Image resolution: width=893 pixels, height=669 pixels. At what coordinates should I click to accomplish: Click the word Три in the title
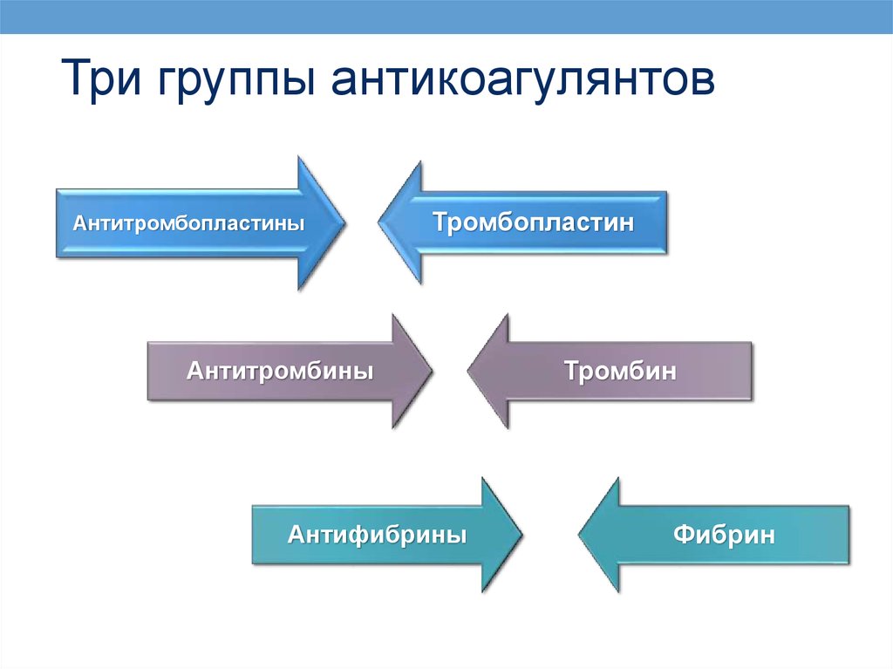(101, 78)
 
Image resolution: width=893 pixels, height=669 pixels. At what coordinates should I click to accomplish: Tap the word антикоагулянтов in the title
(523, 79)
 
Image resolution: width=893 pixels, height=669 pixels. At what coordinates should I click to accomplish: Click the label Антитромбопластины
(188, 222)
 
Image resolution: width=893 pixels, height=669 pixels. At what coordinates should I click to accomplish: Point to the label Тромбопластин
(533, 222)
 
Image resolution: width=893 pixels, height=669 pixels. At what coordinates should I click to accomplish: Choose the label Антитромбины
(280, 371)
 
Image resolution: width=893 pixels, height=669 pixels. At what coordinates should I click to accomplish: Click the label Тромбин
(620, 371)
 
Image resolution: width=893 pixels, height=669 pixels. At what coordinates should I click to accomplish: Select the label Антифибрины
(377, 535)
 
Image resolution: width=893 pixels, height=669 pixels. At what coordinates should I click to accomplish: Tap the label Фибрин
(724, 535)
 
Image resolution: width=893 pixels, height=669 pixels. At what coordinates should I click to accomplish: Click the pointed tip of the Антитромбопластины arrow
(344, 222)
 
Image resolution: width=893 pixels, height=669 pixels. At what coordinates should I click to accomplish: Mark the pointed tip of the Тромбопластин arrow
(378, 222)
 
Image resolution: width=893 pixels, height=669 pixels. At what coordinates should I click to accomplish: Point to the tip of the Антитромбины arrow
(432, 371)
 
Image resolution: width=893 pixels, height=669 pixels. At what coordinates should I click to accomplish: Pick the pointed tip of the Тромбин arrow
(468, 371)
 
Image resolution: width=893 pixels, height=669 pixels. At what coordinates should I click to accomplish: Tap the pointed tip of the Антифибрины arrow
(521, 535)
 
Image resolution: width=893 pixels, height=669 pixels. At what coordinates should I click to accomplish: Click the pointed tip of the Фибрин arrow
(579, 535)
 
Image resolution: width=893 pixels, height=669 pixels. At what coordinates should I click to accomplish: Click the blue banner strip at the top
(446, 17)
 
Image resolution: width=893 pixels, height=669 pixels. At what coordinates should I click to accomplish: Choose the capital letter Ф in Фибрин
(684, 535)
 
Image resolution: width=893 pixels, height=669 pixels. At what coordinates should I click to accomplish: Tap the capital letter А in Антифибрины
(297, 534)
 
